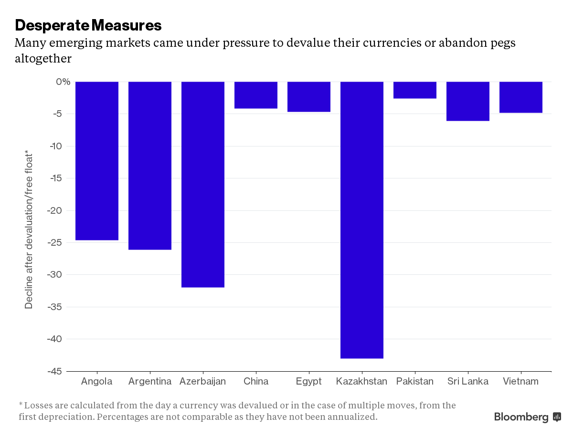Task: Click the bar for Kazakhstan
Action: (361, 219)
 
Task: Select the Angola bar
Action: (97, 161)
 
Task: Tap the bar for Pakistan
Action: (414, 90)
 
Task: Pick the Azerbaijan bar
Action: (203, 184)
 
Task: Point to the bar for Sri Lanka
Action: (467, 101)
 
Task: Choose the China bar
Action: (256, 95)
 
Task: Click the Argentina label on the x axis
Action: (150, 381)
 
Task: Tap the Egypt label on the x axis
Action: (308, 381)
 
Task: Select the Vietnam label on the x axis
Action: (520, 381)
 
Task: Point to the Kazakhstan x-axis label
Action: (361, 381)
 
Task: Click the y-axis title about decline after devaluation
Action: (29, 229)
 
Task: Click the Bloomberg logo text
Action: (521, 417)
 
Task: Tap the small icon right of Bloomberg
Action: (557, 417)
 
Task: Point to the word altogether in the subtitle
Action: (43, 59)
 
